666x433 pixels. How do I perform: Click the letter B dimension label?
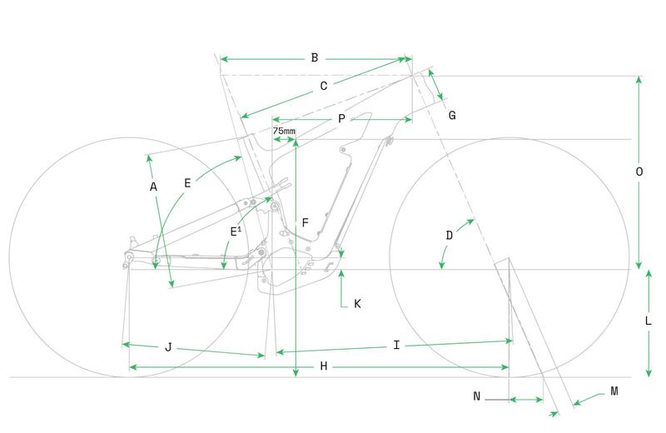315,57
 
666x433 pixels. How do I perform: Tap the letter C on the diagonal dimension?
324,87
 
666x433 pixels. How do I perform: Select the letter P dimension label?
341,119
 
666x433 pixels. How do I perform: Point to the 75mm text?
284,131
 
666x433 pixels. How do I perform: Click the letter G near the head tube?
452,115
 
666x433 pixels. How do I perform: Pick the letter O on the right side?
639,172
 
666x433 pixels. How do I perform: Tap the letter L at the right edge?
649,321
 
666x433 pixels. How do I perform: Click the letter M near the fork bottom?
614,391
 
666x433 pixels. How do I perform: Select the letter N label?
476,396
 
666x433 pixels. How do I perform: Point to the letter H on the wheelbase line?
324,366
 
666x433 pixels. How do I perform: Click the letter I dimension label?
396,345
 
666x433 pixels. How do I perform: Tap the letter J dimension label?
168,347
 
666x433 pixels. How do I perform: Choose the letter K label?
357,304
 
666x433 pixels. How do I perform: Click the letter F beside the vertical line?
305,222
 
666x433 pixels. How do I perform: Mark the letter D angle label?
450,236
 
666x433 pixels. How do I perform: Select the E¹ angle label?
236,231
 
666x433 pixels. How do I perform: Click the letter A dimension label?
154,187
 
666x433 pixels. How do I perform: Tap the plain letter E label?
187,183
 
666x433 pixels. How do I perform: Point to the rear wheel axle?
129,256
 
